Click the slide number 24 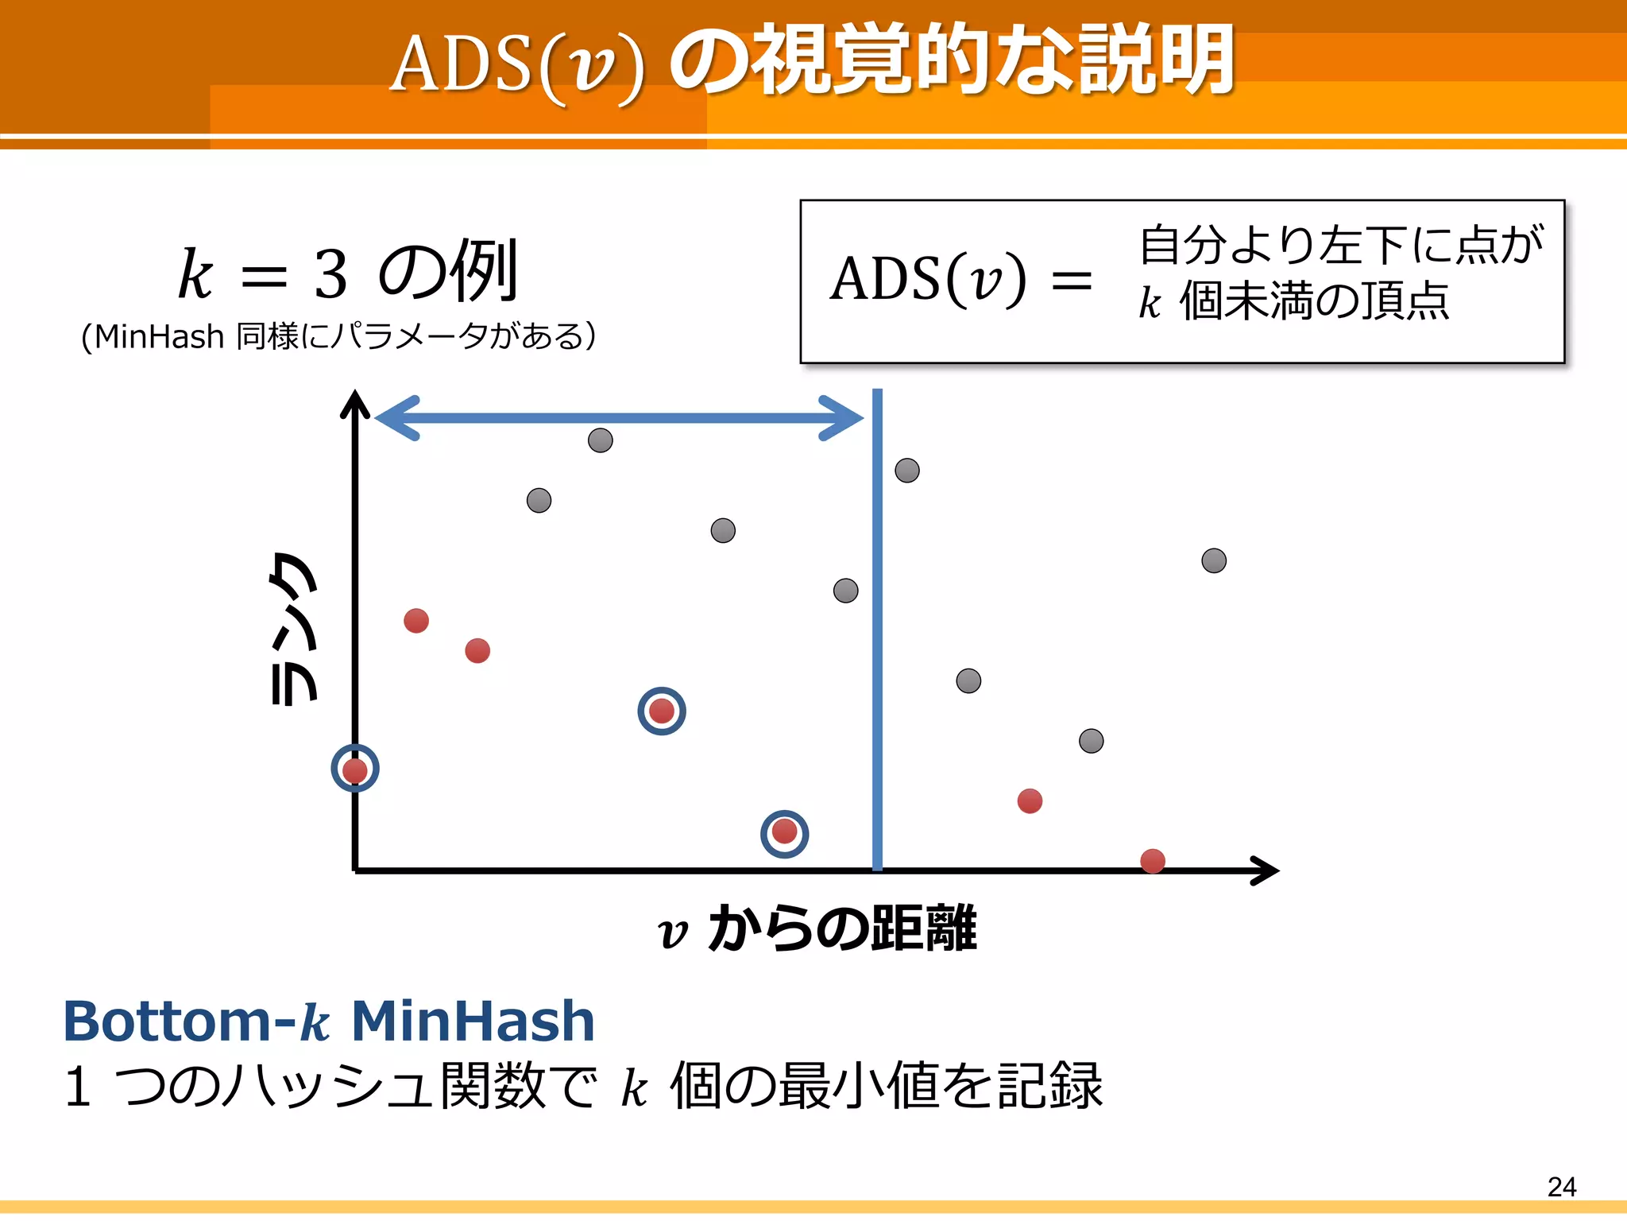tap(1561, 1186)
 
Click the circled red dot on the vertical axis tap(354, 769)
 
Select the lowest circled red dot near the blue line tap(784, 832)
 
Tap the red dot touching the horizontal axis tap(1152, 861)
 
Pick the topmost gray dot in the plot tap(600, 440)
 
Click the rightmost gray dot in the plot tap(1213, 560)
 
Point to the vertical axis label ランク tap(293, 628)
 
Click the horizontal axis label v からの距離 tap(818, 928)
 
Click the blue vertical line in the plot tap(877, 636)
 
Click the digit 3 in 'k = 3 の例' tap(330, 274)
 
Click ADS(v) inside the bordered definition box tap(928, 280)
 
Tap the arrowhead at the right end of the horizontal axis tap(1266, 870)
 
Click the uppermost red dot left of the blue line tap(415, 620)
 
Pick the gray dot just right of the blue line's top tap(906, 471)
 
